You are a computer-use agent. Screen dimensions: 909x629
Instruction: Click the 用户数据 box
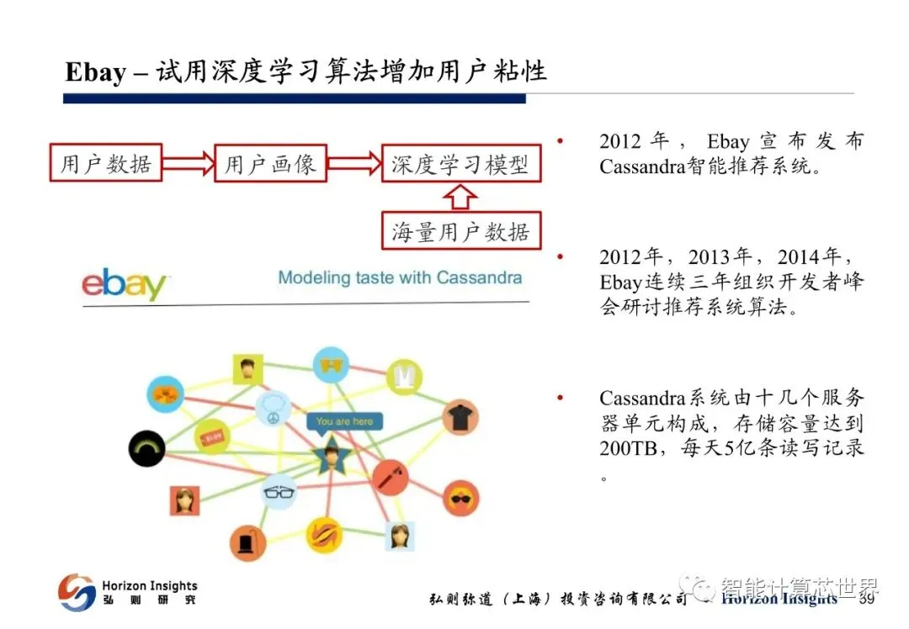[x=106, y=163]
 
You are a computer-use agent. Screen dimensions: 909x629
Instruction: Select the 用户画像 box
[x=270, y=163]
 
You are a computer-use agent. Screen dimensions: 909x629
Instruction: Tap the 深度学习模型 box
[x=460, y=163]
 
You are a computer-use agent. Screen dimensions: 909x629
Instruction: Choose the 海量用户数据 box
[x=460, y=231]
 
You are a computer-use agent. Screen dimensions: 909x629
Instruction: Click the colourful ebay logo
[x=125, y=284]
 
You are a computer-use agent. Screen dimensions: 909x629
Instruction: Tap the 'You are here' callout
[x=344, y=421]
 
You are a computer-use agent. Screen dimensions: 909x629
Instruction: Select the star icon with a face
[x=331, y=457]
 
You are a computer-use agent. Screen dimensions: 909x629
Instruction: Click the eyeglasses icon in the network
[x=279, y=492]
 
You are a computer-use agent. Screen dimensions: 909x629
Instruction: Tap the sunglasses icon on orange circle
[x=460, y=498]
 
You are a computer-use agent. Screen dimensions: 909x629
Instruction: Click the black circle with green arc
[x=146, y=447]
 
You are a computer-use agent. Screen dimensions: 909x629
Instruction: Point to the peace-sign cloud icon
[x=274, y=410]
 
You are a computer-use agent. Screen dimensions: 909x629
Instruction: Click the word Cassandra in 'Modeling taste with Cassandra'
[x=476, y=277]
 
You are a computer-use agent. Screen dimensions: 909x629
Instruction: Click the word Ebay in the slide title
[x=95, y=72]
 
